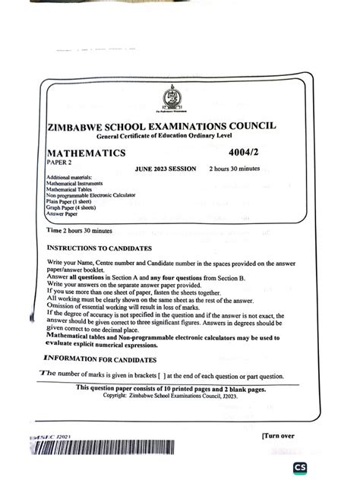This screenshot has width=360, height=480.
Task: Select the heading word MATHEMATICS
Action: tap(86, 153)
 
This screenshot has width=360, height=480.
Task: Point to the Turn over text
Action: tap(280, 436)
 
